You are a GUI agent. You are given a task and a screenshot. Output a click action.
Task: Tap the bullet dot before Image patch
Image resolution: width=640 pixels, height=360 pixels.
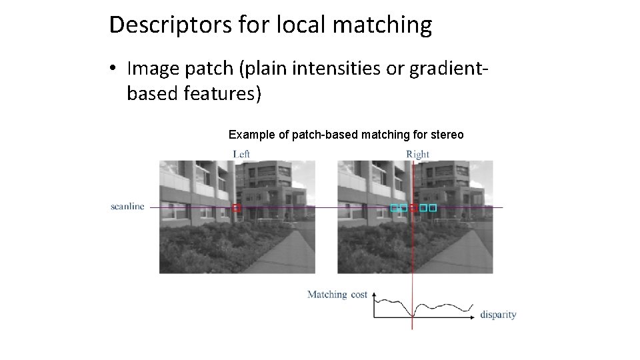[115, 69]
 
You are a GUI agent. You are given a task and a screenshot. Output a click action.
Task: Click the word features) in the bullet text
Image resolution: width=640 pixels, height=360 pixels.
[221, 94]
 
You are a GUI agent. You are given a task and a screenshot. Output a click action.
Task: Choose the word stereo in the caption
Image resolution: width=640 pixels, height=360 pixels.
[447, 135]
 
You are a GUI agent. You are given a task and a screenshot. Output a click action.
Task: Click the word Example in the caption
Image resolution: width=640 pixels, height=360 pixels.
[251, 135]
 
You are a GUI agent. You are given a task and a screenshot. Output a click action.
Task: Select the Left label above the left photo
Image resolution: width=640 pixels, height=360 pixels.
[241, 154]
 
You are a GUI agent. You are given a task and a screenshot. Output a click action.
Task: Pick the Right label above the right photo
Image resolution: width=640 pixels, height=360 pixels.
[418, 154]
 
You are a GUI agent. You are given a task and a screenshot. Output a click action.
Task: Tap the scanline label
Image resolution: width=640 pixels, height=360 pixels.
[127, 207]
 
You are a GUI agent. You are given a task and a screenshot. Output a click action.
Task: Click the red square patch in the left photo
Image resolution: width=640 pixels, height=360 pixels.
[236, 208]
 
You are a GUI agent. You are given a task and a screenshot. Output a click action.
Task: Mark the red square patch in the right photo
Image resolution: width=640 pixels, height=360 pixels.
[413, 208]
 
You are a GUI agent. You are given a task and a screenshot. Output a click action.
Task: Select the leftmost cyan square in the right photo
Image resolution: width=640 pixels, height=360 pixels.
[394, 208]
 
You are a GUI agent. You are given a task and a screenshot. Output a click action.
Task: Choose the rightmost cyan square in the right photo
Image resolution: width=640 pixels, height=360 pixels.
[433, 208]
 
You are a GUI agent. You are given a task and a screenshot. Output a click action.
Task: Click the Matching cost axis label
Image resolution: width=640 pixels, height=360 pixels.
[337, 294]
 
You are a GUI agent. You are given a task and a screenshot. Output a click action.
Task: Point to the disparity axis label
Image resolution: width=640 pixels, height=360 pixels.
[498, 315]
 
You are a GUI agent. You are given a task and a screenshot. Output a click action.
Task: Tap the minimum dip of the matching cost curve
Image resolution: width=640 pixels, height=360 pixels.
[413, 315]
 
